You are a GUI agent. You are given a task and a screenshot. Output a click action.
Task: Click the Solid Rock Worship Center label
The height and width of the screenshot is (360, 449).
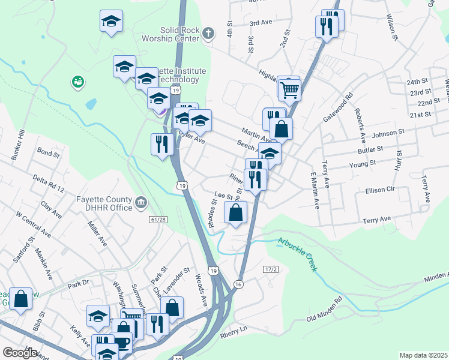pyautogui.click(x=179, y=34)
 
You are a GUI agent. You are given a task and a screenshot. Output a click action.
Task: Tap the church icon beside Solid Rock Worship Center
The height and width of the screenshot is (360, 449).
pyautogui.click(x=208, y=34)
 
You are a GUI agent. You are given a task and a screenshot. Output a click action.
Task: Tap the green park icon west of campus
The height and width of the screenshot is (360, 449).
pyautogui.click(x=77, y=82)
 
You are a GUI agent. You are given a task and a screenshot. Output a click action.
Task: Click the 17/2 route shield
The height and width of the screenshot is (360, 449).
pyautogui.click(x=271, y=270)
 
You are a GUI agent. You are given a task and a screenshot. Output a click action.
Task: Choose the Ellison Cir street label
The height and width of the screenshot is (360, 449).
pyautogui.click(x=380, y=191)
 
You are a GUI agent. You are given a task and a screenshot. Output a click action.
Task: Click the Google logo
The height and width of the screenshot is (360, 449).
pyautogui.click(x=20, y=353)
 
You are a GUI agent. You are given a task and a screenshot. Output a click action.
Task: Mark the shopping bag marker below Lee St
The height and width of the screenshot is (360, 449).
pyautogui.click(x=236, y=213)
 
